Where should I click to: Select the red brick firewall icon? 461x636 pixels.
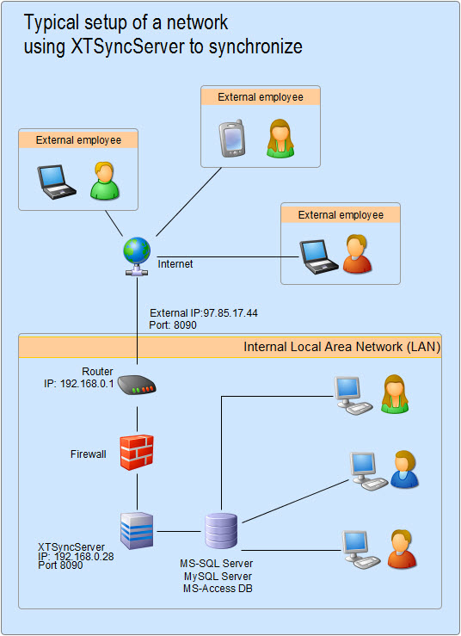(136, 451)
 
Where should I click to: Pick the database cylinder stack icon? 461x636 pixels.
(220, 531)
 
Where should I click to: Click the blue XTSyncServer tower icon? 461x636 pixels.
(136, 530)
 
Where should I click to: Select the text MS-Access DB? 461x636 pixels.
(218, 588)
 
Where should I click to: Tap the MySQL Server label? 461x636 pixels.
(218, 576)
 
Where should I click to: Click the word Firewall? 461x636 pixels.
(89, 454)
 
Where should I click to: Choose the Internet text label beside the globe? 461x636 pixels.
(175, 264)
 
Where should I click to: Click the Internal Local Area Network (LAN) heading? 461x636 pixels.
(341, 348)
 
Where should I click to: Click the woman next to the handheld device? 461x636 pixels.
(279, 139)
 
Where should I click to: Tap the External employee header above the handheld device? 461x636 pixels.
(260, 97)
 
